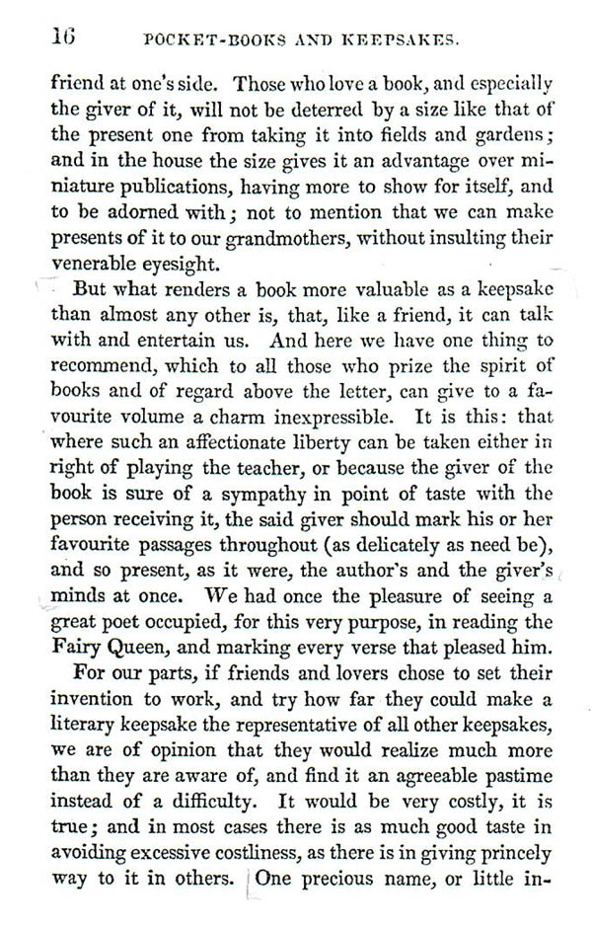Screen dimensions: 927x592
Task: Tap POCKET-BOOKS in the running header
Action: [203, 40]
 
